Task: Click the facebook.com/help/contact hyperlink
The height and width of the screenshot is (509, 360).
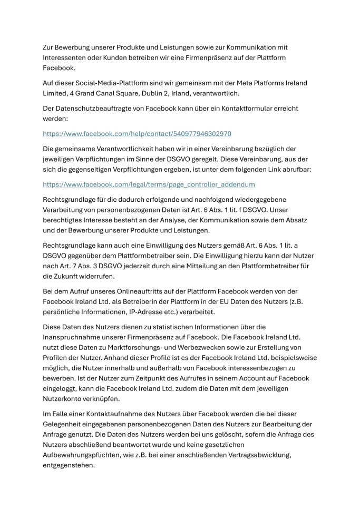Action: click(x=137, y=133)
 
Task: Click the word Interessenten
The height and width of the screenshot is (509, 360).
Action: click(x=67, y=57)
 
